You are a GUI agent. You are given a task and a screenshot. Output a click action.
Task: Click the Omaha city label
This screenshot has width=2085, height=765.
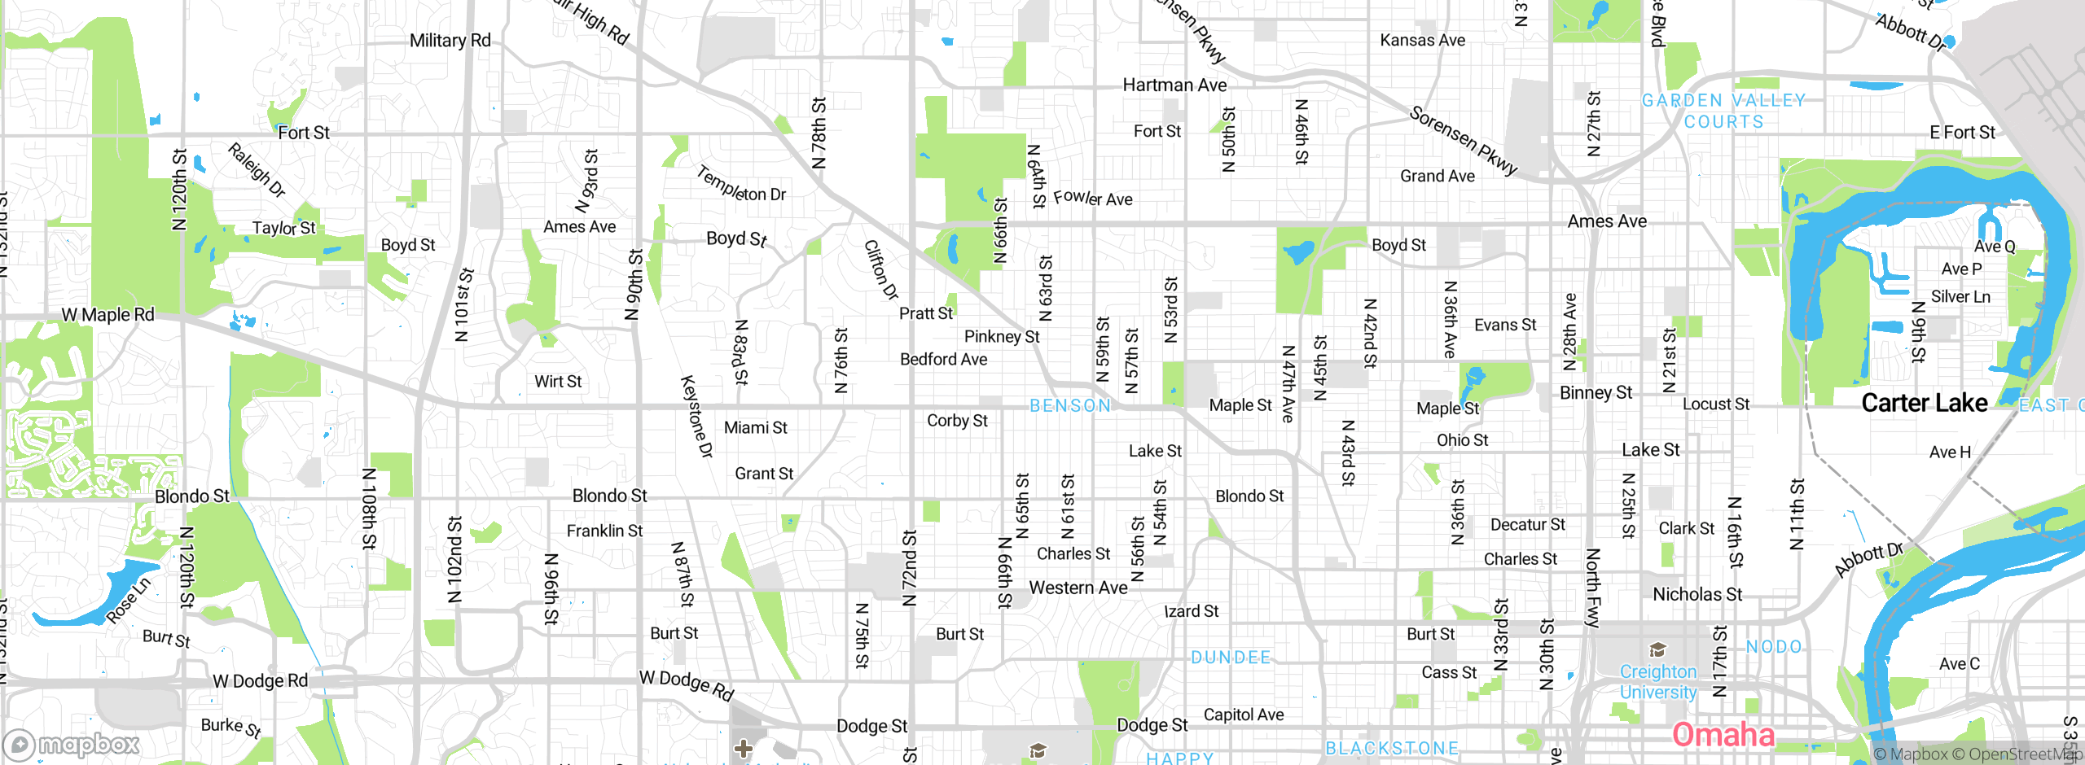click(1723, 735)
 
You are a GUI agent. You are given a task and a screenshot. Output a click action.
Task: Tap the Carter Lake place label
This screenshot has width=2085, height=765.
click(1924, 403)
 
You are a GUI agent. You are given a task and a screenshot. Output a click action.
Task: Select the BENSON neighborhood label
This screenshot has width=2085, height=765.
click(1069, 405)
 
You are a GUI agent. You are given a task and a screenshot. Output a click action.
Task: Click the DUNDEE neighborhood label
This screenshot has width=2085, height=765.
click(1230, 658)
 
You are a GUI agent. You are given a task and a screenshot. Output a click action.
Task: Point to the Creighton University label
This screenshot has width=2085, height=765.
click(1657, 682)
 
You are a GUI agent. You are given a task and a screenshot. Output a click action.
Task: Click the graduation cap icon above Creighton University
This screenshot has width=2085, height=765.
click(1657, 650)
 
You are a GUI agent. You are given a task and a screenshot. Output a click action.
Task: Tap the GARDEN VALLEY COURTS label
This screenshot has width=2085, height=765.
click(1723, 111)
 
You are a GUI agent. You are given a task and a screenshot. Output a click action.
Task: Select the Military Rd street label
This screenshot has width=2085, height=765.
click(450, 41)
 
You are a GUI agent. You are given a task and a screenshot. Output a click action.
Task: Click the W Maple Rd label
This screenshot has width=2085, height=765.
click(108, 315)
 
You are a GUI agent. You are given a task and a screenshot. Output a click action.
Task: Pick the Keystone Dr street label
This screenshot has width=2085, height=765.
click(696, 417)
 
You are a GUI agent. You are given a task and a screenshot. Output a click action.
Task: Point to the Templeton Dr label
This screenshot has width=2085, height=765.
click(740, 185)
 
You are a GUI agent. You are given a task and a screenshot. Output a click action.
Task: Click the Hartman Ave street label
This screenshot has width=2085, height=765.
click(1174, 85)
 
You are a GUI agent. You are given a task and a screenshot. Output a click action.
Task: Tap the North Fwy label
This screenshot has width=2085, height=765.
click(1593, 588)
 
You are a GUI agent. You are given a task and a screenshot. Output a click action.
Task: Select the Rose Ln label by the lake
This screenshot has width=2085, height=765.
click(129, 601)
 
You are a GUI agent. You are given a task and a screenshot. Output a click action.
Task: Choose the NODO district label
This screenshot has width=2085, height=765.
click(1774, 647)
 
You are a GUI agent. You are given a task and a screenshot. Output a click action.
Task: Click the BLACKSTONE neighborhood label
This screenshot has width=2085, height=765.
click(1392, 748)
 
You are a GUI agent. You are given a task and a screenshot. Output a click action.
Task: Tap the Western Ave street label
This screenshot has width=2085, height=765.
click(1078, 588)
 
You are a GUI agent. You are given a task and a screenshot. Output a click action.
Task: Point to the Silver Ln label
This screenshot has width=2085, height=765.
click(1960, 297)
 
